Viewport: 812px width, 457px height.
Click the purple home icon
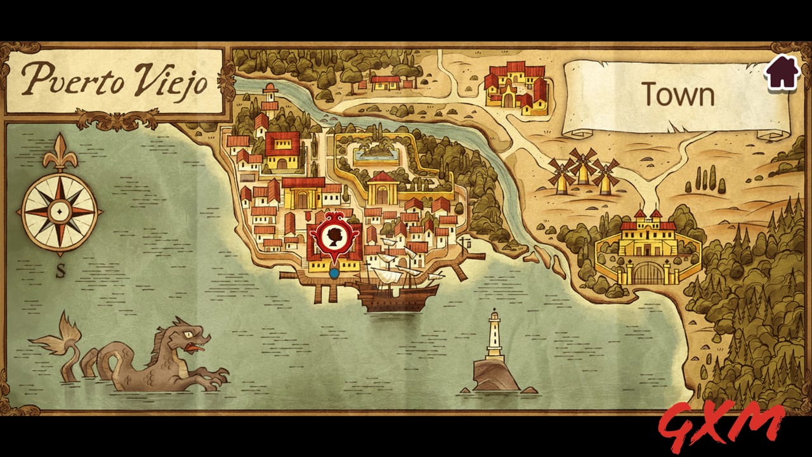782,72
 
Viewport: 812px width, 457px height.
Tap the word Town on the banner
678,95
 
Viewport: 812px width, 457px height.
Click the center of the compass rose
60,209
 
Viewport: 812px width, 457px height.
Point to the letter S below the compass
61,271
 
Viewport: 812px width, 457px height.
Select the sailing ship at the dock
396,289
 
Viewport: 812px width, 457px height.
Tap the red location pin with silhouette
334,238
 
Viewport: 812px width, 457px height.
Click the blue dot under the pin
334,273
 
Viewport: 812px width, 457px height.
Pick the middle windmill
582,166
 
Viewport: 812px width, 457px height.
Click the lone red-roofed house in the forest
385,83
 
